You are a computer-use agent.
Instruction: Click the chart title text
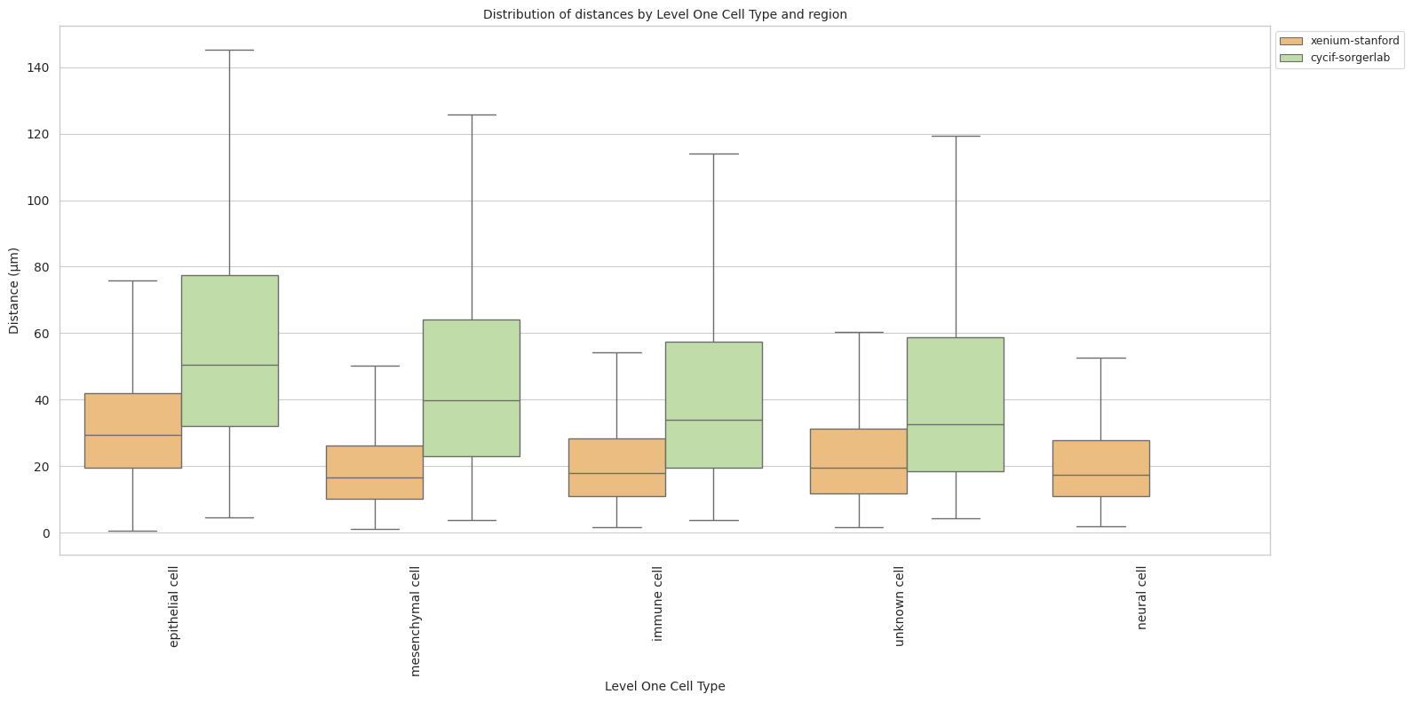[664, 14]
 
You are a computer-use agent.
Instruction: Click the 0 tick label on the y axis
[45, 533]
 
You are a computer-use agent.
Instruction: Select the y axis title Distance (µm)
[14, 291]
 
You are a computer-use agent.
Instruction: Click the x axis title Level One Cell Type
[664, 686]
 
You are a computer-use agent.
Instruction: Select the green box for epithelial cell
[230, 351]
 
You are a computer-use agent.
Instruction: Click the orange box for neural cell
[1100, 469]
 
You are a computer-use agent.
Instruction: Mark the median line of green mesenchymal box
[472, 400]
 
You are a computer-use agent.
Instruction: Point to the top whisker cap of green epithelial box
[230, 51]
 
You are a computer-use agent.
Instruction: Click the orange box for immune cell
[616, 468]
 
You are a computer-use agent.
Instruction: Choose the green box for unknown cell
[956, 404]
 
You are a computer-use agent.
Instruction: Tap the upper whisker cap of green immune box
[713, 154]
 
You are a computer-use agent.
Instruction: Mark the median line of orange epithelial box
[133, 435]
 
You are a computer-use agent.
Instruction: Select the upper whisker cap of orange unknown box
[859, 333]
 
